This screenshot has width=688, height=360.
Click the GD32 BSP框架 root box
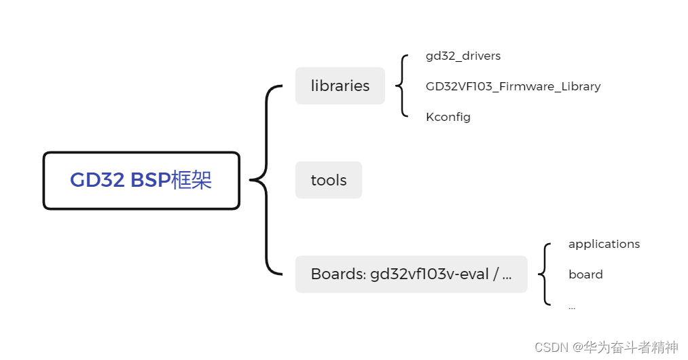141,180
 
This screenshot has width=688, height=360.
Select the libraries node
340,86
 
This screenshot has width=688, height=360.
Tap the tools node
329,180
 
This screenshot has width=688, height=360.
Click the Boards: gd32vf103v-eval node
411,274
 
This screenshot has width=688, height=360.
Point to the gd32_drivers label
463,56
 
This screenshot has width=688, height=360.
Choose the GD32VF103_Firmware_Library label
513,86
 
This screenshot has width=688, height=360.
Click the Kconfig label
448,117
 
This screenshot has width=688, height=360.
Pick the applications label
604,244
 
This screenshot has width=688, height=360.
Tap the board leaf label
585,274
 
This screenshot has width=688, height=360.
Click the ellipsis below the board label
572,307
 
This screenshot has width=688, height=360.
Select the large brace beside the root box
265,180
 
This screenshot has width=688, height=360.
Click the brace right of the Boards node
543,274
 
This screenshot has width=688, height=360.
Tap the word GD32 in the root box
97,180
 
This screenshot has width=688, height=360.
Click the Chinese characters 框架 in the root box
192,180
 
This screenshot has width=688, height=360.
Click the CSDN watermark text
551,348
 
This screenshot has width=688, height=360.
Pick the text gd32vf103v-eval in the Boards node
429,274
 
